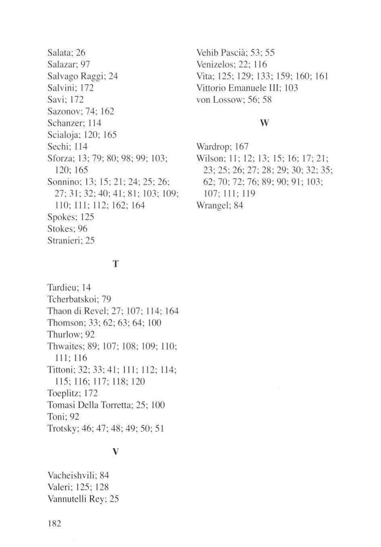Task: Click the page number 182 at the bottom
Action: [54, 524]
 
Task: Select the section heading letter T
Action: [116, 264]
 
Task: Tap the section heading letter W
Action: [264, 123]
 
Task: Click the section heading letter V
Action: [116, 452]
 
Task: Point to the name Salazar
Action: [62, 64]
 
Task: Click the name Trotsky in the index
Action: [62, 428]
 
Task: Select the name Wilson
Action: [209, 158]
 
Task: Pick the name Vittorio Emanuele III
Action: [238, 88]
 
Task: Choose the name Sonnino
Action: [63, 182]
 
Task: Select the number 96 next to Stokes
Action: [83, 229]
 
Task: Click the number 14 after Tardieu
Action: [86, 287]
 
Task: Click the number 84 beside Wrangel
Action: [238, 206]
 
